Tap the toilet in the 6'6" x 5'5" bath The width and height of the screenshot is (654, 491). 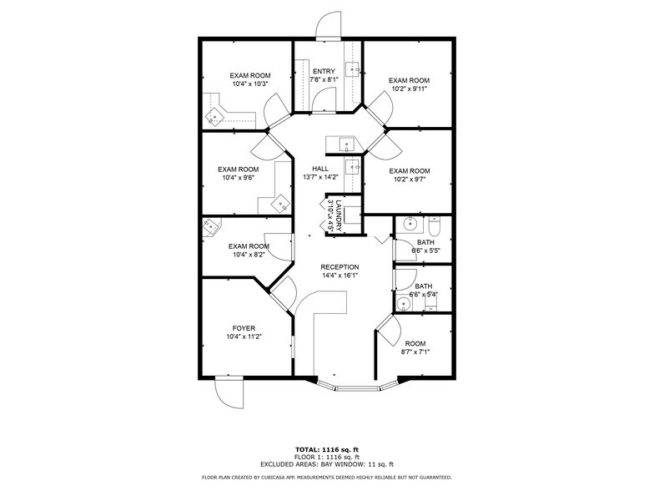pos(435,226)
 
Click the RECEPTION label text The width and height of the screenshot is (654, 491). pos(340,267)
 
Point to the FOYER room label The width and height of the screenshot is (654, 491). pos(244,328)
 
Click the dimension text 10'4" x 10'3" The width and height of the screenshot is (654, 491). pos(249,84)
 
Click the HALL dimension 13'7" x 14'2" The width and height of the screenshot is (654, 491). pos(319,177)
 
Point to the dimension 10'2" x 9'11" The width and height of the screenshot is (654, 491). pos(409,89)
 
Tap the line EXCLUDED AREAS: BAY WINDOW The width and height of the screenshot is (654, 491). pos(326,463)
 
